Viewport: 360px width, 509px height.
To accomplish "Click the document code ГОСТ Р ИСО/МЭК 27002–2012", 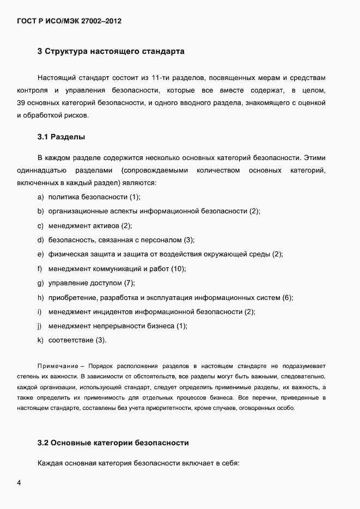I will tap(69, 22).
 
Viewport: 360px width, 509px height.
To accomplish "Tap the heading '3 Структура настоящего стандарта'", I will tap(111, 52).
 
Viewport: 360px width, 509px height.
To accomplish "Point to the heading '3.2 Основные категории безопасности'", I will tap(113, 442).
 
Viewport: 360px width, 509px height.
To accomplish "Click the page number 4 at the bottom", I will tap(19, 483).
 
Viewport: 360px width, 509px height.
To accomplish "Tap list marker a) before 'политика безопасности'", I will tap(40, 197).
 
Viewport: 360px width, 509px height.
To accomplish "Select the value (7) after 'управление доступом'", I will tap(129, 283).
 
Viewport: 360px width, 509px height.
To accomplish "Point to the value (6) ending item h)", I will tap(288, 297).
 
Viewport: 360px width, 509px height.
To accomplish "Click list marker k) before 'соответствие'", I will tap(40, 340).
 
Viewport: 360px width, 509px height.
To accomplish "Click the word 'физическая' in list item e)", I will tap(67, 254).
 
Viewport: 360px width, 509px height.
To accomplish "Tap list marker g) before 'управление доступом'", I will tap(40, 283).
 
